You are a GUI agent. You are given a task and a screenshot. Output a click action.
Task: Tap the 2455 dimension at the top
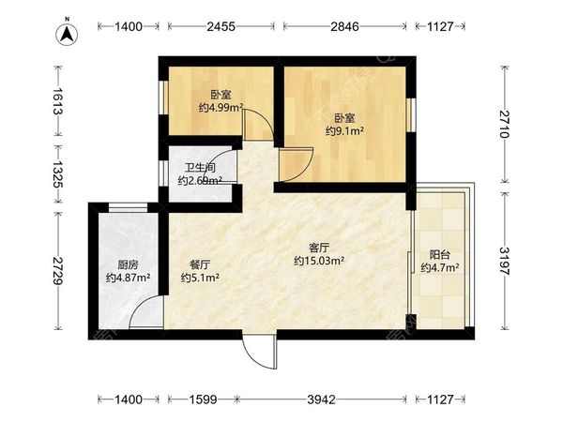click(220, 27)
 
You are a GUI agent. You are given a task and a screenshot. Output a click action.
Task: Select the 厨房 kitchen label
click(118, 264)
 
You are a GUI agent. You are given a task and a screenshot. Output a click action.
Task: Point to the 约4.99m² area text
click(221, 107)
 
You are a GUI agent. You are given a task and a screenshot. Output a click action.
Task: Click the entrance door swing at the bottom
click(260, 353)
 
